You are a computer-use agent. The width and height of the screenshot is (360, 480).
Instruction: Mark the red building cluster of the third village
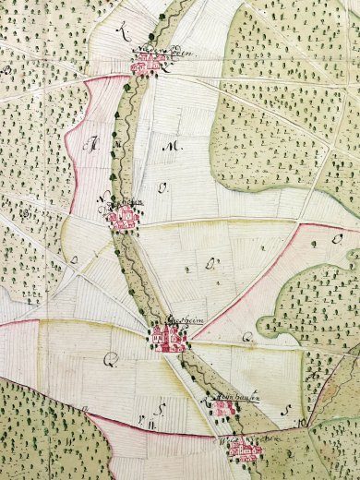169,340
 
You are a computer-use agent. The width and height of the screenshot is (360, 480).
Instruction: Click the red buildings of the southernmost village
245,450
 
